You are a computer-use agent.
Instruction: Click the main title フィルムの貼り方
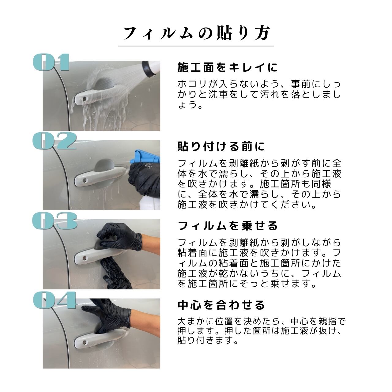197,33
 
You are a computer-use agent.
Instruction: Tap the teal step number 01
51,62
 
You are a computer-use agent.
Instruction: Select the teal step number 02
55,141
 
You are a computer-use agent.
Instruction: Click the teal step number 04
55,300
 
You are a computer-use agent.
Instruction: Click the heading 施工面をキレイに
228,68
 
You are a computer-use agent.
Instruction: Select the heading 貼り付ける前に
221,146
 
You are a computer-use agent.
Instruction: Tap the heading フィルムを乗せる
228,226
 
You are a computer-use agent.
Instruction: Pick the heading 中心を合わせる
221,305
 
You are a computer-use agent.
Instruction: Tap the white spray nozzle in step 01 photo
151,68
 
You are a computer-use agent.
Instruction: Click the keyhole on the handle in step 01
84,99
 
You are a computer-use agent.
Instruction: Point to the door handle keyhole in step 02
84,180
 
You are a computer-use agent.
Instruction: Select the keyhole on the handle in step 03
84,258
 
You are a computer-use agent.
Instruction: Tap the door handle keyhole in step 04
84,343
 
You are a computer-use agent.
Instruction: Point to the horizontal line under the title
196,46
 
